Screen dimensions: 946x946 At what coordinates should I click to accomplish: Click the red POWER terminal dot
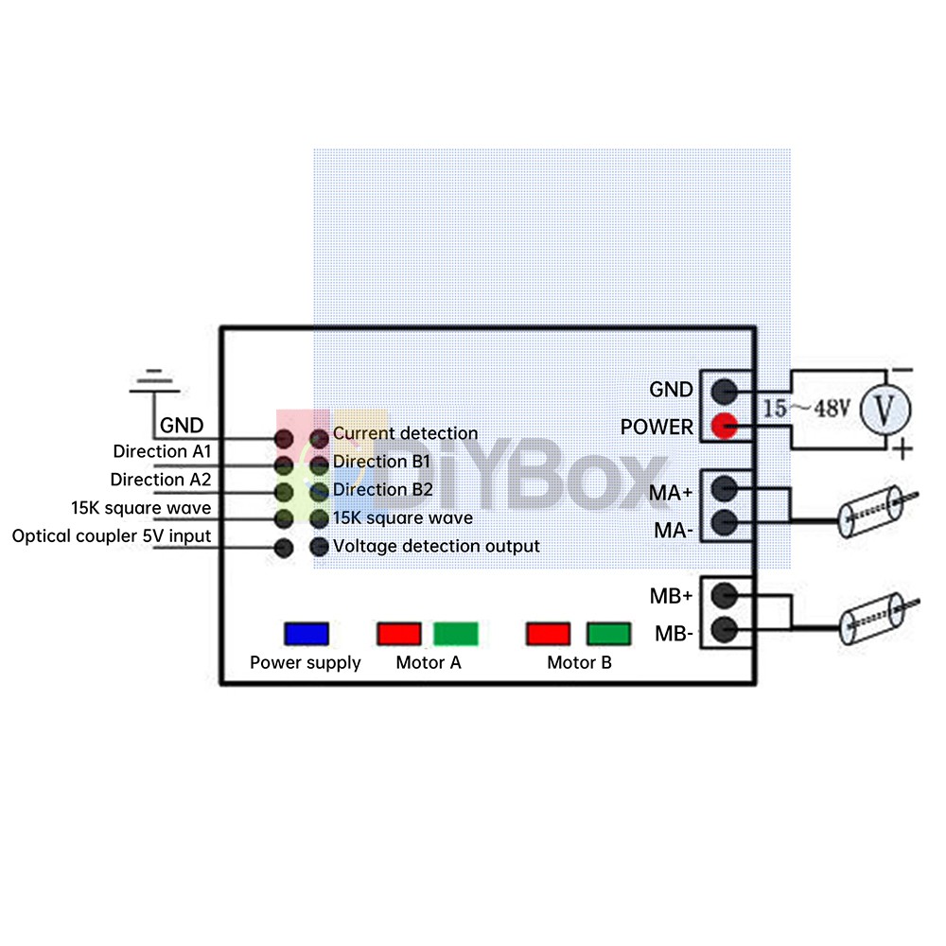725,427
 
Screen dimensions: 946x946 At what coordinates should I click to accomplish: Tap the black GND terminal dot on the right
725,390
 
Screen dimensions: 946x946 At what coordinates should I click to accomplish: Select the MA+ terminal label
671,493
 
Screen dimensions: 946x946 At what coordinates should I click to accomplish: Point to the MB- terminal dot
725,629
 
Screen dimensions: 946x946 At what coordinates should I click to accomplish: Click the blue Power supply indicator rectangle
307,633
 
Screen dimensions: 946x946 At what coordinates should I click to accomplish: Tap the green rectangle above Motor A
456,633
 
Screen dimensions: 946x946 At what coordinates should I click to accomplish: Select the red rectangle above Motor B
550,633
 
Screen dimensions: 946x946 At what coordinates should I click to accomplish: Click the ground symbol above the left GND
154,379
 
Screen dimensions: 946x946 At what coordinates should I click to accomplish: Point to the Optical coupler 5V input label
112,536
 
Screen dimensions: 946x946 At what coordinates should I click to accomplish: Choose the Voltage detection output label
436,546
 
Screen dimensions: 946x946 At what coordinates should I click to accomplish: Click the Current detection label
405,433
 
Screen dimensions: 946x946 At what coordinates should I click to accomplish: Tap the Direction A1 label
162,451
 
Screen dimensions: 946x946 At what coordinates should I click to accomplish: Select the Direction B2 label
383,490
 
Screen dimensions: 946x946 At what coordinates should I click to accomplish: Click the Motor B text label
579,662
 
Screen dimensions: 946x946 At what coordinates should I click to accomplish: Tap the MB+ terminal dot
725,594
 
